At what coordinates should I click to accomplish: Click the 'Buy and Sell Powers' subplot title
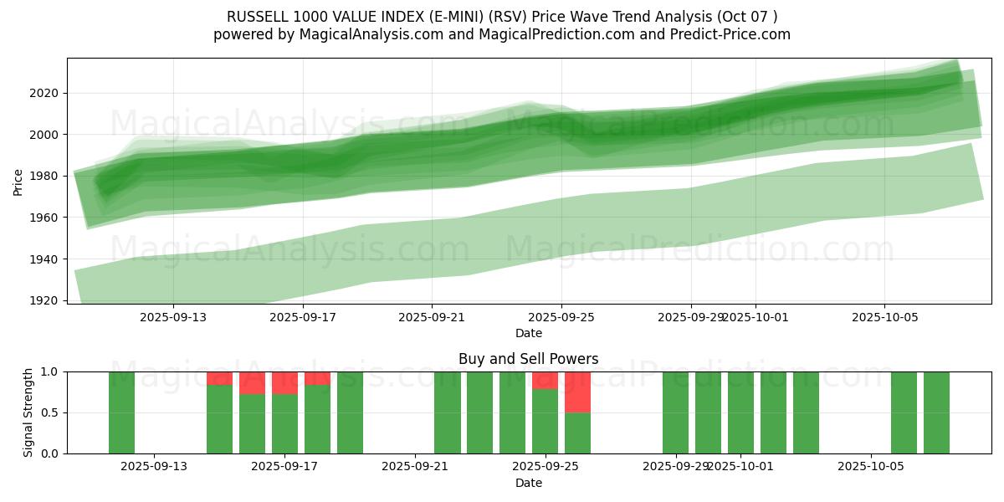click(528, 359)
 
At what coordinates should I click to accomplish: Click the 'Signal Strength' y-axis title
click(28, 412)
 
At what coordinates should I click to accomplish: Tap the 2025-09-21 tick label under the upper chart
click(432, 317)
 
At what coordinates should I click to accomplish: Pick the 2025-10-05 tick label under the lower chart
click(872, 467)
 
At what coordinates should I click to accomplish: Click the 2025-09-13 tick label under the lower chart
click(154, 467)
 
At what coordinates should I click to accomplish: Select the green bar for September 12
click(121, 412)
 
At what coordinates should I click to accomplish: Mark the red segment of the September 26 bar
click(578, 392)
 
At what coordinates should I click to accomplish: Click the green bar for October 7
click(936, 412)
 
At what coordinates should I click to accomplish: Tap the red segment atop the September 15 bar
click(219, 378)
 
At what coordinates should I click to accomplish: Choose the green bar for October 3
click(806, 412)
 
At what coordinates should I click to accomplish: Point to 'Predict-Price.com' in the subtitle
click(733, 34)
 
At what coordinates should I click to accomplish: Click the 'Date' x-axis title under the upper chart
click(528, 333)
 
